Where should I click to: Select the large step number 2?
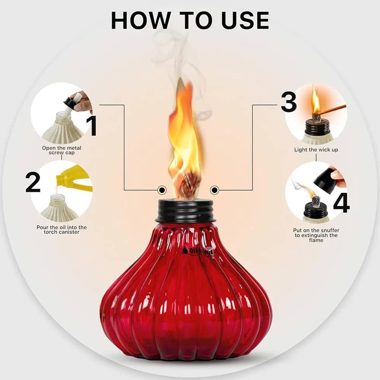click(x=33, y=182)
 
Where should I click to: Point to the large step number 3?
click(x=289, y=102)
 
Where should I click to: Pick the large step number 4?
click(x=341, y=203)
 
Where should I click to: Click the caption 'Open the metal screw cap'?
click(x=62, y=150)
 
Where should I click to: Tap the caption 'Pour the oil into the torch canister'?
click(x=62, y=229)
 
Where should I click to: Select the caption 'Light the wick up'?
click(x=316, y=150)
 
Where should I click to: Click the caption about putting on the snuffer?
click(x=316, y=235)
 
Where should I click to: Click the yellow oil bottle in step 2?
click(x=74, y=179)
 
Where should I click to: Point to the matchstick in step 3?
click(x=330, y=110)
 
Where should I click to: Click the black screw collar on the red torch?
click(x=186, y=211)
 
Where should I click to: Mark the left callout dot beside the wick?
click(x=162, y=190)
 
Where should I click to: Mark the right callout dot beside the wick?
click(x=214, y=190)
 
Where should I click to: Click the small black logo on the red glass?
click(x=197, y=251)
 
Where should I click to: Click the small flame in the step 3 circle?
click(x=316, y=101)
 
